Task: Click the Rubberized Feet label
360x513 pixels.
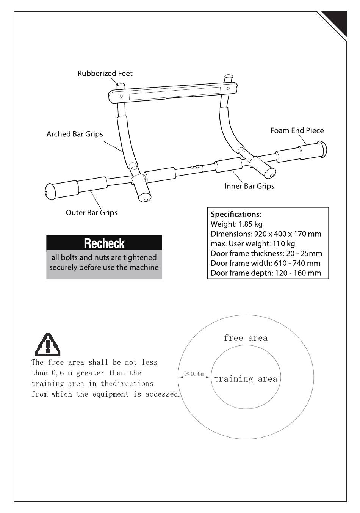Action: click(105, 74)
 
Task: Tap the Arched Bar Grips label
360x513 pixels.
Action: click(75, 134)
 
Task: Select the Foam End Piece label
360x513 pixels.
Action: click(297, 131)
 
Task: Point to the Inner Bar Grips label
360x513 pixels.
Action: click(249, 186)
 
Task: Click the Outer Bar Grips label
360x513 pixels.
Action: click(92, 213)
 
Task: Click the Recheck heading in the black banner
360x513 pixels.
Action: click(104, 243)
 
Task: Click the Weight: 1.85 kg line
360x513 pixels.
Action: click(236, 224)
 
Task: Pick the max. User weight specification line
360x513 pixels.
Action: click(253, 244)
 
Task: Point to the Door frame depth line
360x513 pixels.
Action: click(266, 273)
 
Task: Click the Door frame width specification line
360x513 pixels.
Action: click(265, 263)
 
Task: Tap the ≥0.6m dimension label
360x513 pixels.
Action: click(194, 374)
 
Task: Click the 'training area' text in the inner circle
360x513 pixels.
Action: click(246, 379)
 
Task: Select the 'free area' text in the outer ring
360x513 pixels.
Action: click(246, 338)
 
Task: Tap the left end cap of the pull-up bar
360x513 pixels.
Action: click(50, 191)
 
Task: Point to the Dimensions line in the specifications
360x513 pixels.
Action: click(266, 234)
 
